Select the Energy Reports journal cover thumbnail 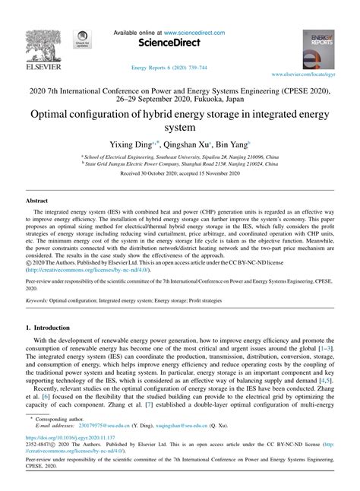(x=318, y=50)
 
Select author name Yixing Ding (x=130, y=146)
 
